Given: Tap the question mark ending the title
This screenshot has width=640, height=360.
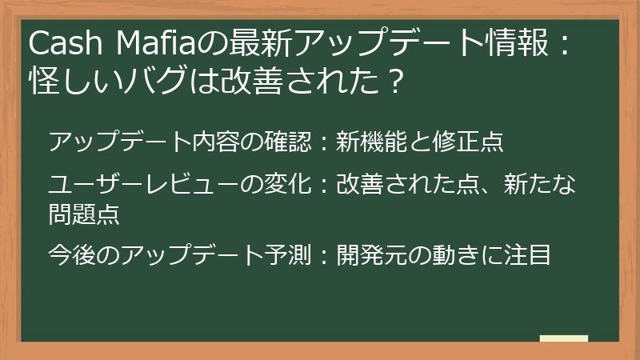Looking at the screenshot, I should tap(391, 80).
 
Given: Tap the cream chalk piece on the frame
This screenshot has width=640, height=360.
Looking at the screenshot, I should tap(563, 339).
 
